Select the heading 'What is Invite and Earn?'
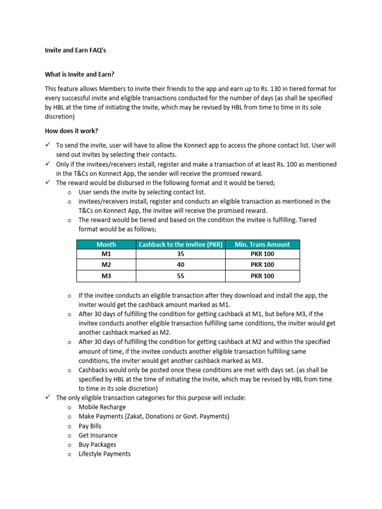[80, 75]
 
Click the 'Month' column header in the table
[106, 244]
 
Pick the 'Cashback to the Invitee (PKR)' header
[180, 244]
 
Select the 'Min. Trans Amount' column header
[262, 244]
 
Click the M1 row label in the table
[106, 254]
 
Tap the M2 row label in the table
[106, 265]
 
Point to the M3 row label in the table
[106, 276]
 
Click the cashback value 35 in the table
[180, 254]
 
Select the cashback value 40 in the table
[180, 265]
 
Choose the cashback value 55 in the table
[180, 276]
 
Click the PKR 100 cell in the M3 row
[262, 276]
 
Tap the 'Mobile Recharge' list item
[102, 407]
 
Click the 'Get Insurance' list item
[98, 435]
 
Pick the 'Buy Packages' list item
[97, 445]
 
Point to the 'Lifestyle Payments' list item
[104, 454]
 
